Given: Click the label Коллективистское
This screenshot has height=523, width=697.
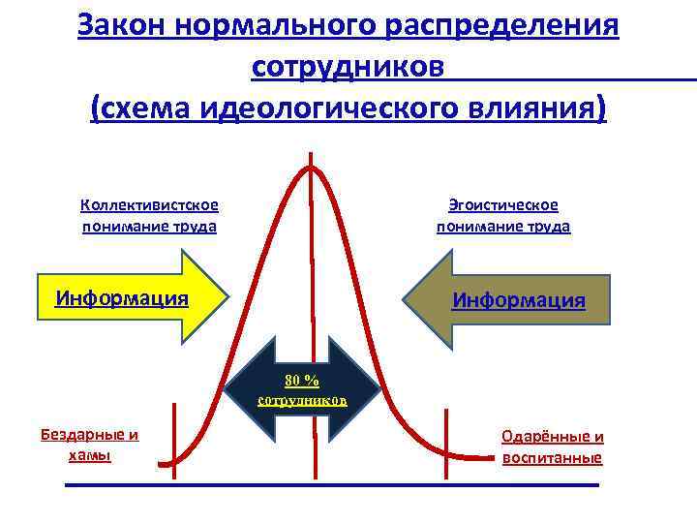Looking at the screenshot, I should click(x=149, y=204).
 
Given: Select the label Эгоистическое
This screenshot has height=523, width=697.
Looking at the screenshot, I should click(x=503, y=204).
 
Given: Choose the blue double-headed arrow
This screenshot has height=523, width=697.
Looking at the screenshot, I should click(x=302, y=388).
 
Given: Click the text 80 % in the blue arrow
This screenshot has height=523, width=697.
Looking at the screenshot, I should click(x=301, y=379).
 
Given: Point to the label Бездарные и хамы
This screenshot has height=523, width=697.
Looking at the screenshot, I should click(x=89, y=444).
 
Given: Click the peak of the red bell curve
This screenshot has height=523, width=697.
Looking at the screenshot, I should click(x=311, y=166).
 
